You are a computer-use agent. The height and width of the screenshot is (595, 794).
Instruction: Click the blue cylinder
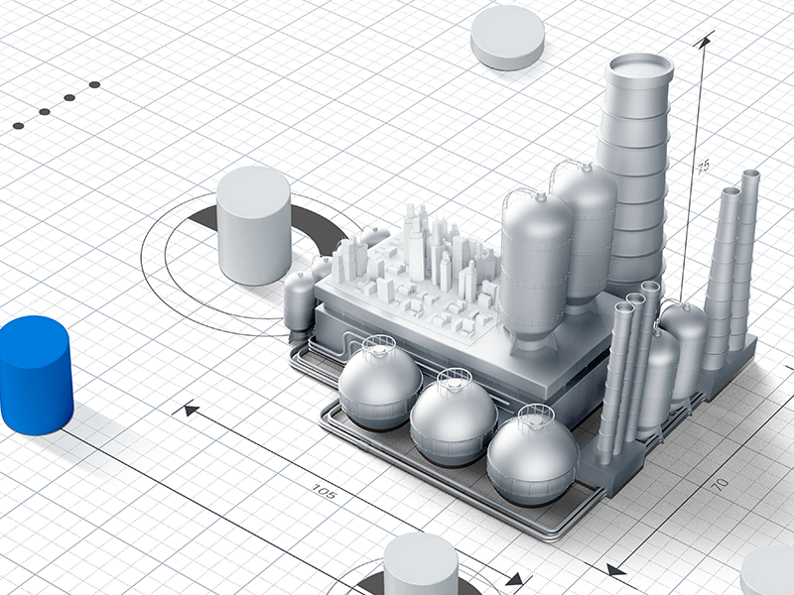pyautogui.click(x=35, y=375)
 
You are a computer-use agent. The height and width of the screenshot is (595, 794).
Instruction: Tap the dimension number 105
pyautogui.click(x=324, y=491)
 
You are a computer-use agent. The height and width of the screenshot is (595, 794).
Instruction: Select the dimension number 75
pyautogui.click(x=703, y=167)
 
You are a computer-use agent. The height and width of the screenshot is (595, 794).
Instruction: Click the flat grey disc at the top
pyautogui.click(x=507, y=38)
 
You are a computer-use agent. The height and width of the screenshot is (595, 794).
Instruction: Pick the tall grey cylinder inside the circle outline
pyautogui.click(x=254, y=225)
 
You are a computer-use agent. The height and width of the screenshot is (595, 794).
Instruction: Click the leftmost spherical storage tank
pyautogui.click(x=380, y=384)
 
